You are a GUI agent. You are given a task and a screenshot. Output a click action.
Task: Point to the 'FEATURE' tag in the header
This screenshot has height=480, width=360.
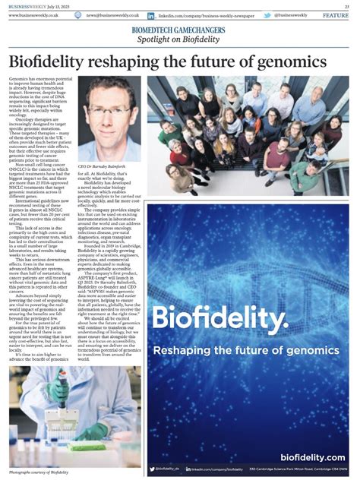(x=335, y=15)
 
